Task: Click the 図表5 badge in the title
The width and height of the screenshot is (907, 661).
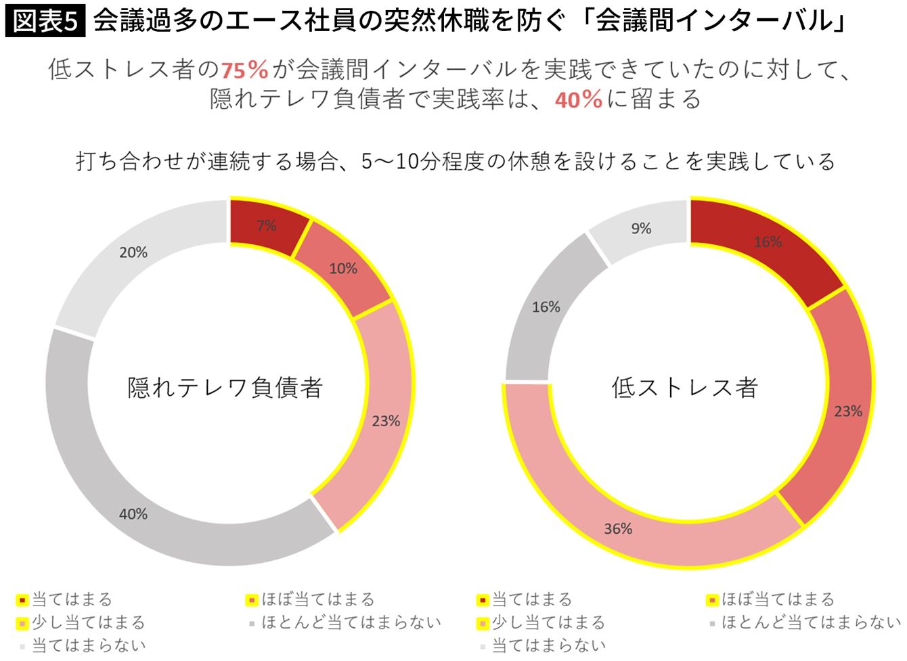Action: click(45, 21)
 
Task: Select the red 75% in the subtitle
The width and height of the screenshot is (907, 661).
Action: click(244, 70)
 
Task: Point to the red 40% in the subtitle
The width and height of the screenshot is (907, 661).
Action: click(579, 99)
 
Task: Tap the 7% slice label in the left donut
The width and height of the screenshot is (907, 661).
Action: click(267, 225)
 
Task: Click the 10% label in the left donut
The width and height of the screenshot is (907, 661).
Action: click(343, 269)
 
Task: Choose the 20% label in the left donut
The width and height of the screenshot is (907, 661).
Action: click(133, 252)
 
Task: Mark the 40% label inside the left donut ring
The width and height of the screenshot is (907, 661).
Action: click(133, 514)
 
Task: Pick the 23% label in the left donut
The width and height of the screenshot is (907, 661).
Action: click(386, 421)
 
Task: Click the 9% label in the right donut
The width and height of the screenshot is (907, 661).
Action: click(642, 228)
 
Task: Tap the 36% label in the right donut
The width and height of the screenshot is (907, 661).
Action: click(618, 528)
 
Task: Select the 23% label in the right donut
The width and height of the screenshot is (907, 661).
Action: click(848, 411)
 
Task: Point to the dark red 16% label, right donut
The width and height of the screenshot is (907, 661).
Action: click(768, 242)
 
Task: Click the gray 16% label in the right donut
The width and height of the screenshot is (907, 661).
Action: click(546, 307)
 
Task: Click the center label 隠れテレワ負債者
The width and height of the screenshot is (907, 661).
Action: click(225, 388)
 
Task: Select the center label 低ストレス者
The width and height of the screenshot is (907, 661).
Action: click(685, 388)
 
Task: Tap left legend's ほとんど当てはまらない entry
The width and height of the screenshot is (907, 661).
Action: click(345, 622)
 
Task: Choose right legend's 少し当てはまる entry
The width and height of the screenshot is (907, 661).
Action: click(541, 622)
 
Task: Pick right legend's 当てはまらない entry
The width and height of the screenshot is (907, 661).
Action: click(543, 645)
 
